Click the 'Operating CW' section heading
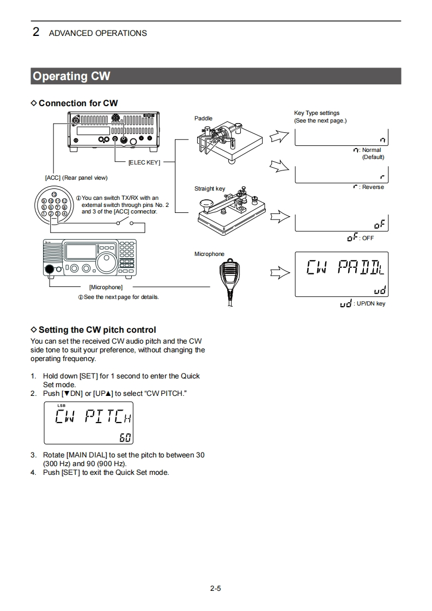click(71, 76)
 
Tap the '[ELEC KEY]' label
click(144, 162)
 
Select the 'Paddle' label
click(203, 118)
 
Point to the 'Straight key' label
click(210, 189)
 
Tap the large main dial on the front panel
click(106, 265)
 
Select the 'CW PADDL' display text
click(345, 267)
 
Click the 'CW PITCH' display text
click(94, 418)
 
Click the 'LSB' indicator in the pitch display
click(60, 405)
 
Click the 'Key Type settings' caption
click(317, 113)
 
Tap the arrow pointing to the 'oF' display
click(279, 217)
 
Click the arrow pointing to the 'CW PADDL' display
click(279, 273)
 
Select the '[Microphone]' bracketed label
click(106, 287)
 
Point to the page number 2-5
click(215, 588)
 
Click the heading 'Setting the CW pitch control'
click(97, 330)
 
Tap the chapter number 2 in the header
click(36, 32)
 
